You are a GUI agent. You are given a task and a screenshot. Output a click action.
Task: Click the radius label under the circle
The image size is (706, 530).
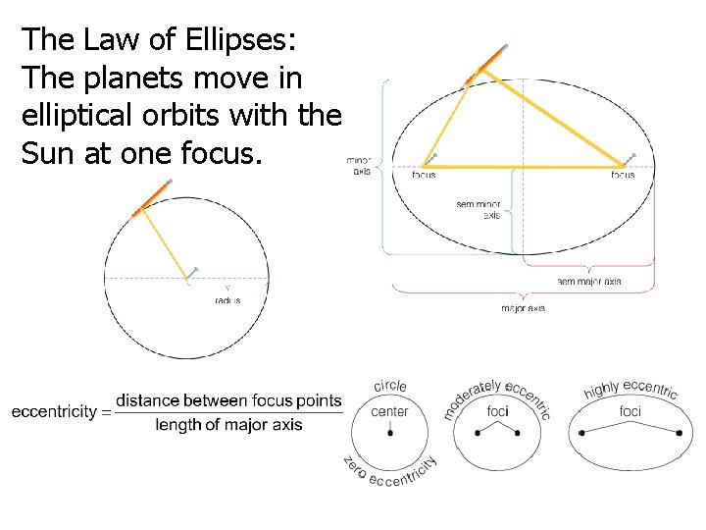(227, 300)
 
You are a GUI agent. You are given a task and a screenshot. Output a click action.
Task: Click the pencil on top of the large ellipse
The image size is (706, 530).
(485, 63)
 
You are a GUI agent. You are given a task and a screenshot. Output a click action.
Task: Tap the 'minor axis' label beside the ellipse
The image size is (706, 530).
(361, 166)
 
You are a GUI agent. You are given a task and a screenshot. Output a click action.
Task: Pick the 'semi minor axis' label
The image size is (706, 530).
(479, 209)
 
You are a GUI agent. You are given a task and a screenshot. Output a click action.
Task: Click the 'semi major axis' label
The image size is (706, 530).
(588, 282)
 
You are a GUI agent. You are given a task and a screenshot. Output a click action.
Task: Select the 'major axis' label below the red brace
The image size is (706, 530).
(524, 308)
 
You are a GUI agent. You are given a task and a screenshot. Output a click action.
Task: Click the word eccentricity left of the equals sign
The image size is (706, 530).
(55, 412)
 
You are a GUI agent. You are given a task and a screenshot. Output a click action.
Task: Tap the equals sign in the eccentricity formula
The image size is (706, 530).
(106, 412)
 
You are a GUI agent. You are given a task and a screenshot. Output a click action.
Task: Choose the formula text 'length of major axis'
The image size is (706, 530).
(229, 425)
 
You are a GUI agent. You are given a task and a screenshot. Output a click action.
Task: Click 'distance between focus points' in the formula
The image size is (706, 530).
(229, 400)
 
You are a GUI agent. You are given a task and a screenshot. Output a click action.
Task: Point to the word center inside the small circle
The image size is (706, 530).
(390, 411)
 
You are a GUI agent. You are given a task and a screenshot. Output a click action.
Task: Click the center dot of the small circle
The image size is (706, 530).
(390, 433)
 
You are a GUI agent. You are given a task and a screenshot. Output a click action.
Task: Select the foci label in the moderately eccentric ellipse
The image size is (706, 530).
(497, 411)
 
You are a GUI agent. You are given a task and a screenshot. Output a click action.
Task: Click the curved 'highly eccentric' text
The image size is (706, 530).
(630, 390)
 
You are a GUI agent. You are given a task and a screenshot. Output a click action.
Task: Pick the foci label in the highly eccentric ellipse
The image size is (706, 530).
(630, 411)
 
